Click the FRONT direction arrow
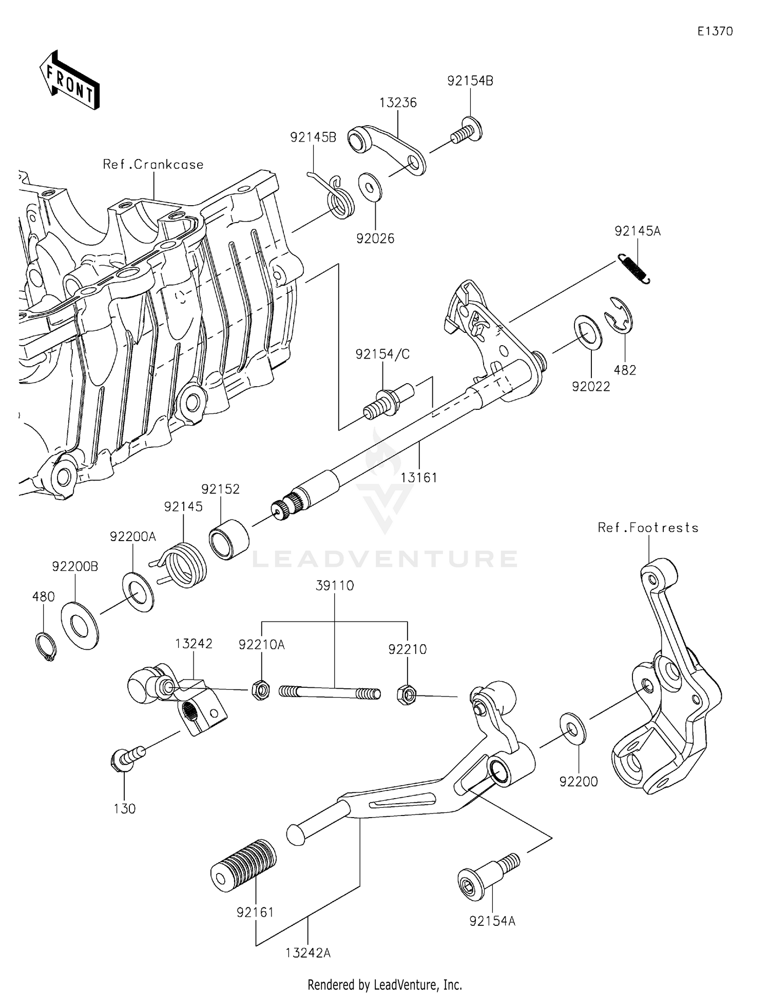(69, 81)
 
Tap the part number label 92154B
(470, 81)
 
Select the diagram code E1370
(715, 31)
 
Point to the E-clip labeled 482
(620, 321)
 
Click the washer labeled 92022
(588, 333)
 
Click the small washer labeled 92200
(572, 728)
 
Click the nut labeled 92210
(407, 695)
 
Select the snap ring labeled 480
(46, 647)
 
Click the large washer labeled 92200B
(80, 626)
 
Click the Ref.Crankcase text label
(153, 165)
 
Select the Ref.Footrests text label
(648, 528)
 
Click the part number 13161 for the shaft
(418, 478)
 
